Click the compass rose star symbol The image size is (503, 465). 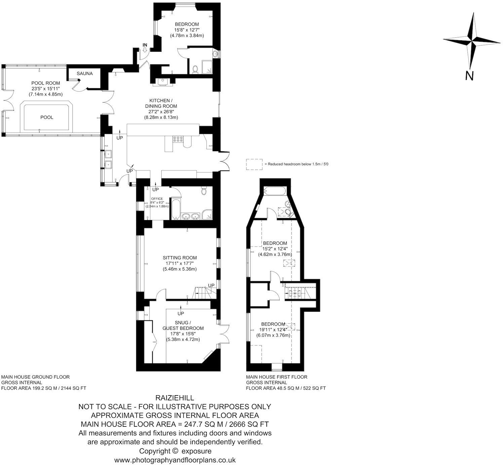(x=472, y=40)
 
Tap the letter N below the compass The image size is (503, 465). (x=469, y=76)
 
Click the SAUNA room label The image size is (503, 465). (x=84, y=74)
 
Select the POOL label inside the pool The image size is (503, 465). (x=47, y=117)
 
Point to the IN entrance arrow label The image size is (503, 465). (x=145, y=45)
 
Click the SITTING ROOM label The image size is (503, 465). (x=180, y=258)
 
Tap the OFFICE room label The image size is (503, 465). (x=157, y=199)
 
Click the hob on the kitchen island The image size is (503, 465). (x=178, y=139)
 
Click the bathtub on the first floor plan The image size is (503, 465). (x=274, y=191)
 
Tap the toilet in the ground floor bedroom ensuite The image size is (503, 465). (x=195, y=69)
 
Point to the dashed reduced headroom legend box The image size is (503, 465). (x=254, y=164)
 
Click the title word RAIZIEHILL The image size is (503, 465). (x=175, y=398)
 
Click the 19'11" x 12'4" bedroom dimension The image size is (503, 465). (x=274, y=330)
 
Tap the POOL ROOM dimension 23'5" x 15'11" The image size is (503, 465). (x=46, y=89)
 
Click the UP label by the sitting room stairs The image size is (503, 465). (x=211, y=286)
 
